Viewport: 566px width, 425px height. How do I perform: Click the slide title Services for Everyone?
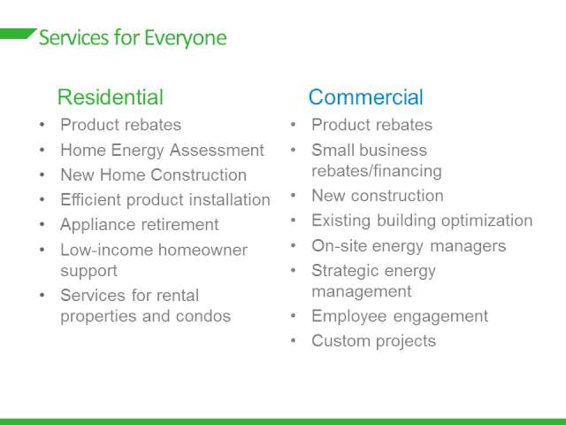133,38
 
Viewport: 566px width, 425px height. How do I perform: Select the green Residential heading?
111,97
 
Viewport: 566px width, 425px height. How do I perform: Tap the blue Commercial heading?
365,97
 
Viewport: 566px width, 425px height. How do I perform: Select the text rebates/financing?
377,171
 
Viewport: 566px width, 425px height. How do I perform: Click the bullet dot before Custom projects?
293,340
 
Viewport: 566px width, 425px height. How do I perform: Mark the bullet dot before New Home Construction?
42,175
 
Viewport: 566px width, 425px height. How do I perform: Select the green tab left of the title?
18,34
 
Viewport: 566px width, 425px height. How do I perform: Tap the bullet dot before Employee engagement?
293,316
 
